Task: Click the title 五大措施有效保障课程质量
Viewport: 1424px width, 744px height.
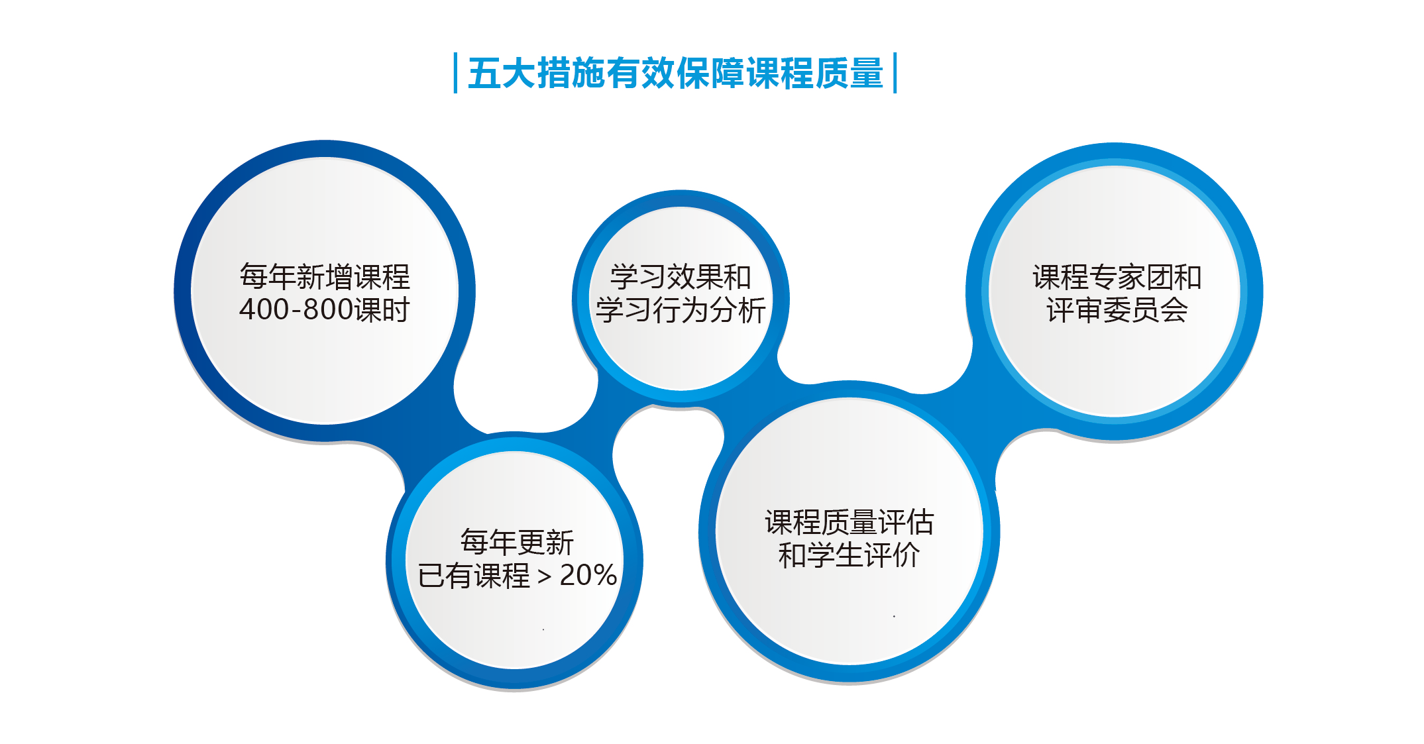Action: [675, 73]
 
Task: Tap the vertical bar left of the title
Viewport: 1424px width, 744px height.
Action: [455, 73]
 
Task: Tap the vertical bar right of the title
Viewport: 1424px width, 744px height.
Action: [895, 73]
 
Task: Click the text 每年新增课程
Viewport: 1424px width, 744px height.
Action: [325, 277]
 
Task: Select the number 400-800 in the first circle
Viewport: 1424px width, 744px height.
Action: [296, 310]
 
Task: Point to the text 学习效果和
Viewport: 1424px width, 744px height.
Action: [681, 277]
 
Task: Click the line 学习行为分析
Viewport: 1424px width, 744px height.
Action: [681, 310]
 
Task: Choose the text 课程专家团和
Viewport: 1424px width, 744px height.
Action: [1117, 277]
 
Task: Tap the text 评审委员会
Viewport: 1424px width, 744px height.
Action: [1117, 310]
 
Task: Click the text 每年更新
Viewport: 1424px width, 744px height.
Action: [517, 542]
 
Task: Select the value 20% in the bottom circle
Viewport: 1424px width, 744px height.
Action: [588, 575]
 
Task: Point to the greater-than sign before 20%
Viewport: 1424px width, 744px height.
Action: [545, 577]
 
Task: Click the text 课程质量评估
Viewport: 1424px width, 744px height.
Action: [849, 522]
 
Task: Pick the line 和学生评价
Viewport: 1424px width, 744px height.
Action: [849, 555]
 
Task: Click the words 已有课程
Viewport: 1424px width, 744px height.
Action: [474, 575]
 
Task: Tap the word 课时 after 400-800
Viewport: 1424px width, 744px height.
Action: [382, 310]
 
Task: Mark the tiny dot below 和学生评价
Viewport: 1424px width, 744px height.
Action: [894, 616]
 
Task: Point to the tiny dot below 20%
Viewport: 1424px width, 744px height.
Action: [543, 629]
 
